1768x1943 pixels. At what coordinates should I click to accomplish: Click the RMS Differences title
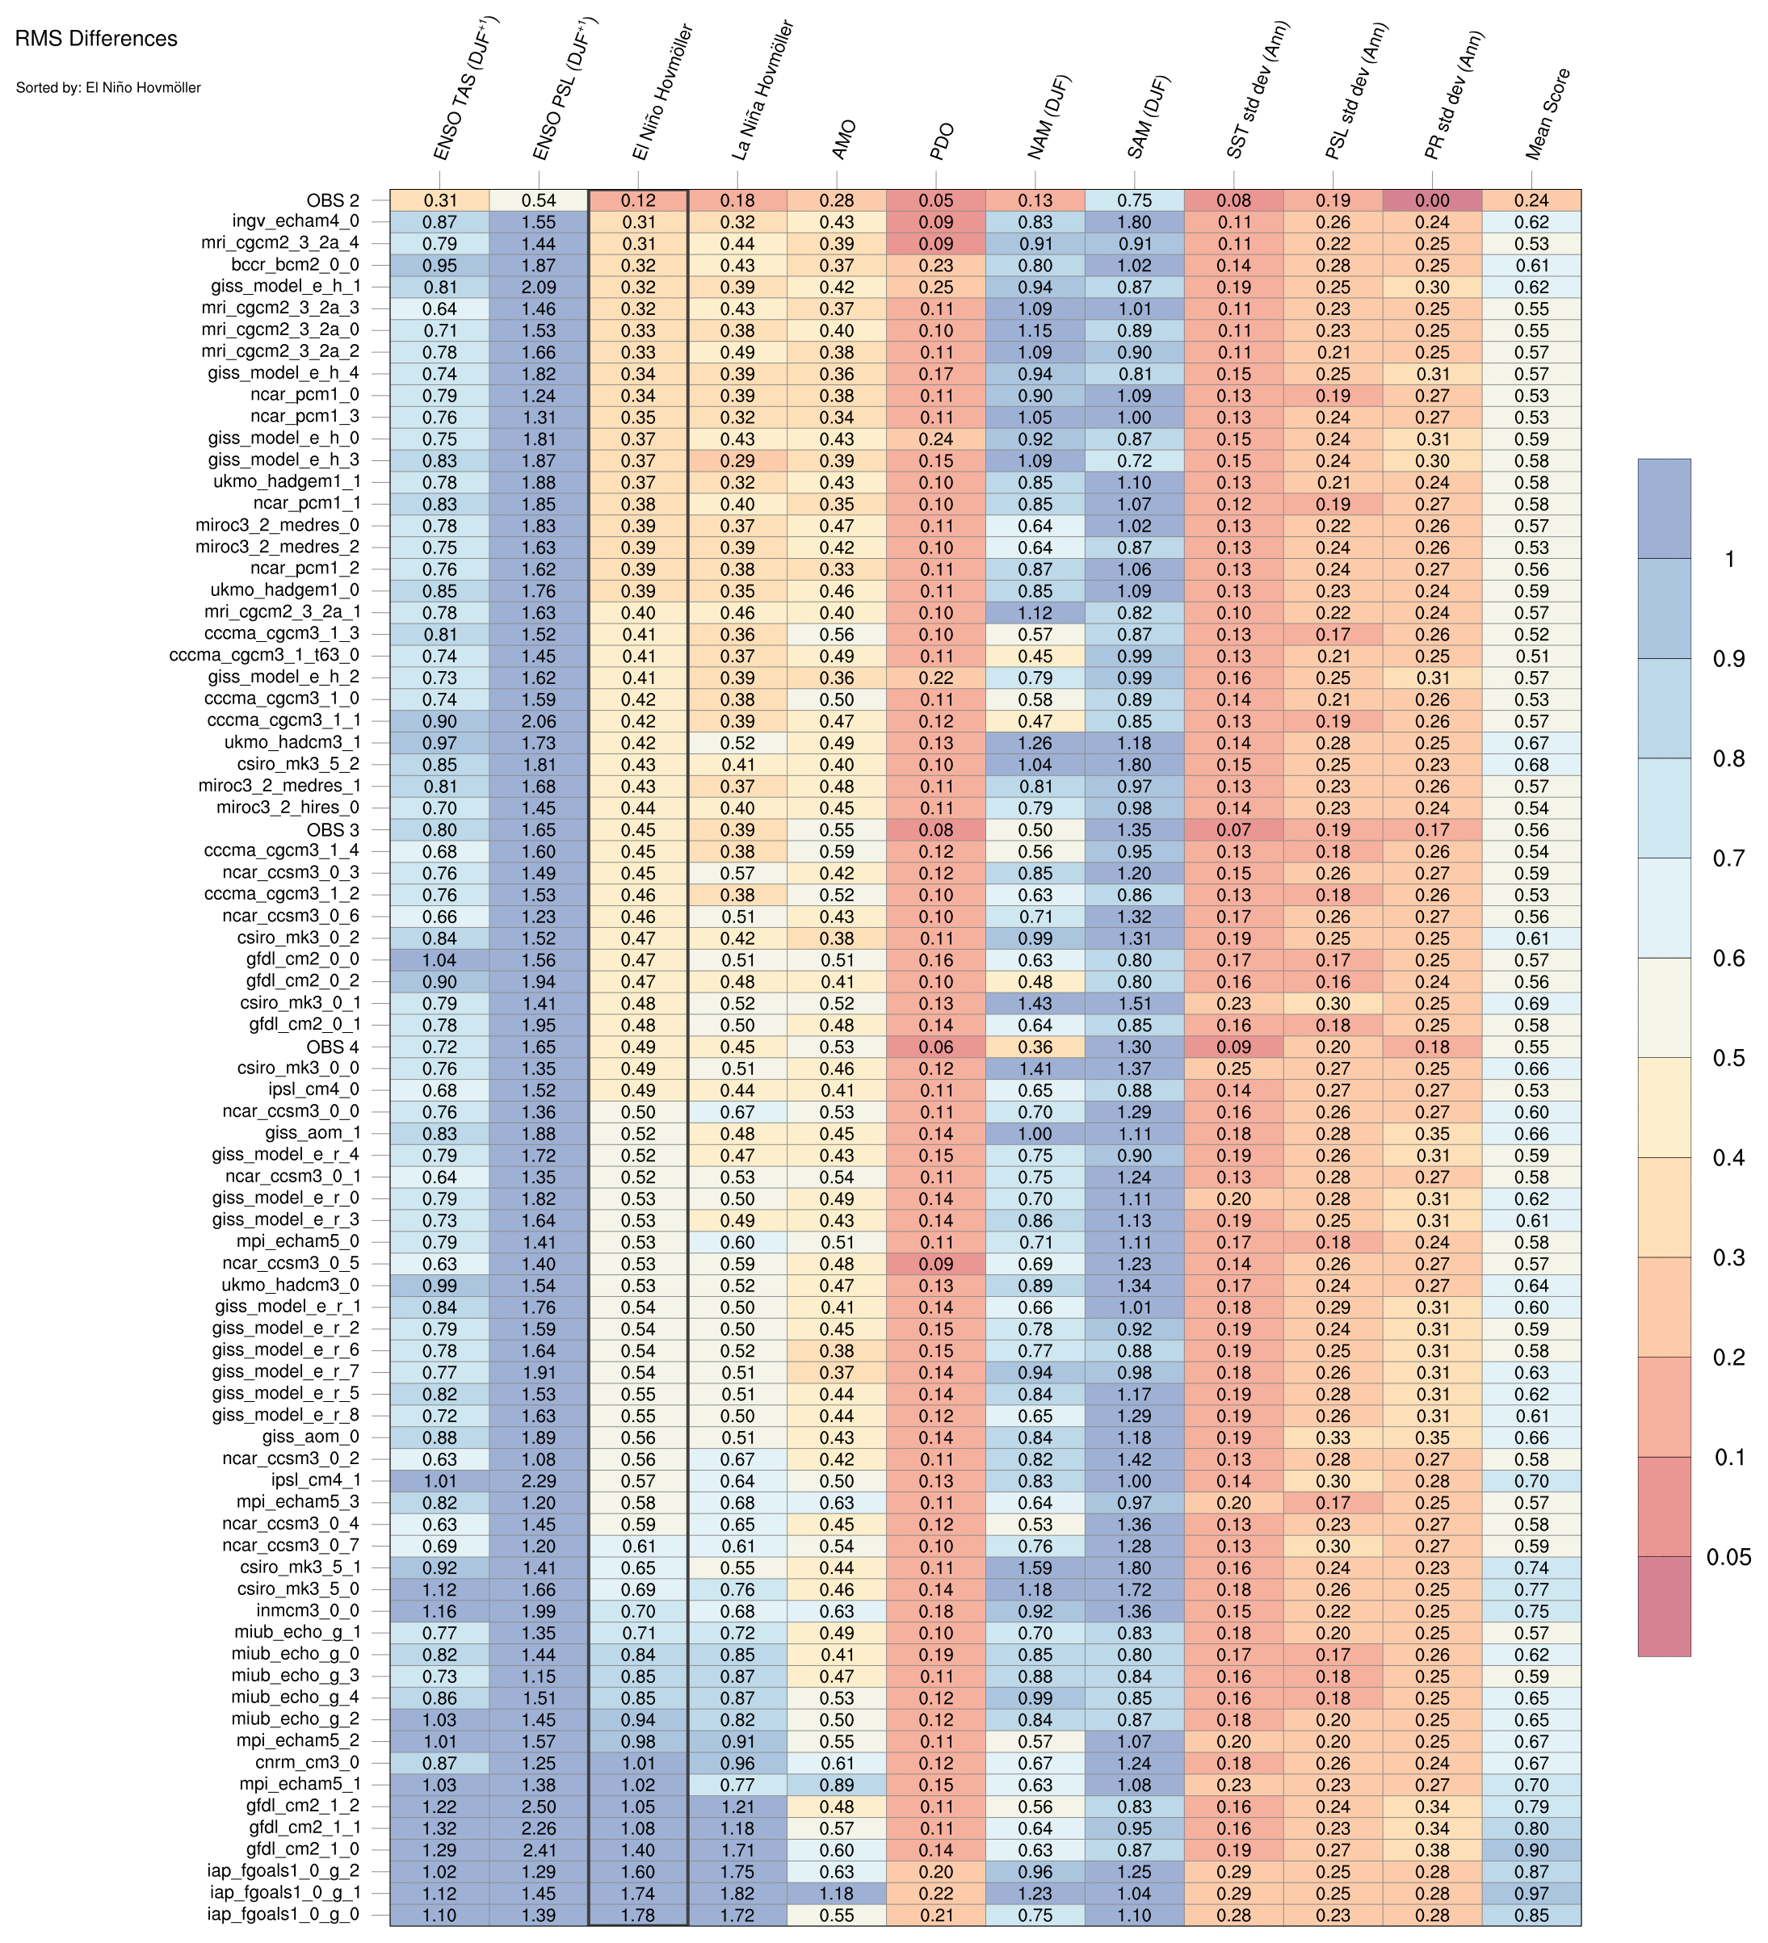coord(96,40)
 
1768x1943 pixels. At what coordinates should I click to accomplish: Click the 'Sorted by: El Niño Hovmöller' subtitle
coord(108,88)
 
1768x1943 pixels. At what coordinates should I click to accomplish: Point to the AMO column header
coord(842,140)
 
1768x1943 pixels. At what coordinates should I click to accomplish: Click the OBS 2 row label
coord(333,200)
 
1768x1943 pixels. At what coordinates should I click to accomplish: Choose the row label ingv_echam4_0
coord(296,221)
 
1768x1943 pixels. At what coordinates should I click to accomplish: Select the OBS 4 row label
coord(333,1047)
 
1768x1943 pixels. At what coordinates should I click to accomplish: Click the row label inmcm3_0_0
coord(309,1610)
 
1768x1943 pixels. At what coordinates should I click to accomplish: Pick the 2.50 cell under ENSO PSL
coord(538,1807)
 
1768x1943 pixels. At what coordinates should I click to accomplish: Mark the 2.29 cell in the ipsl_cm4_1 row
coord(538,1480)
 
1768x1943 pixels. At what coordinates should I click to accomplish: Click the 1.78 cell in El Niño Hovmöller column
coord(638,1914)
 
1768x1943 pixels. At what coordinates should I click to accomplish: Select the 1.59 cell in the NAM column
coord(1035,1567)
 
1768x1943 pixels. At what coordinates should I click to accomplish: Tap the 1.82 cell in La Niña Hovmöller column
coord(737,1893)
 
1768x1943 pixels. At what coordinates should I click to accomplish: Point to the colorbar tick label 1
coord(1728,559)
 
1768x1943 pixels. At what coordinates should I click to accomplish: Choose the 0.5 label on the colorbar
coord(1728,1058)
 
